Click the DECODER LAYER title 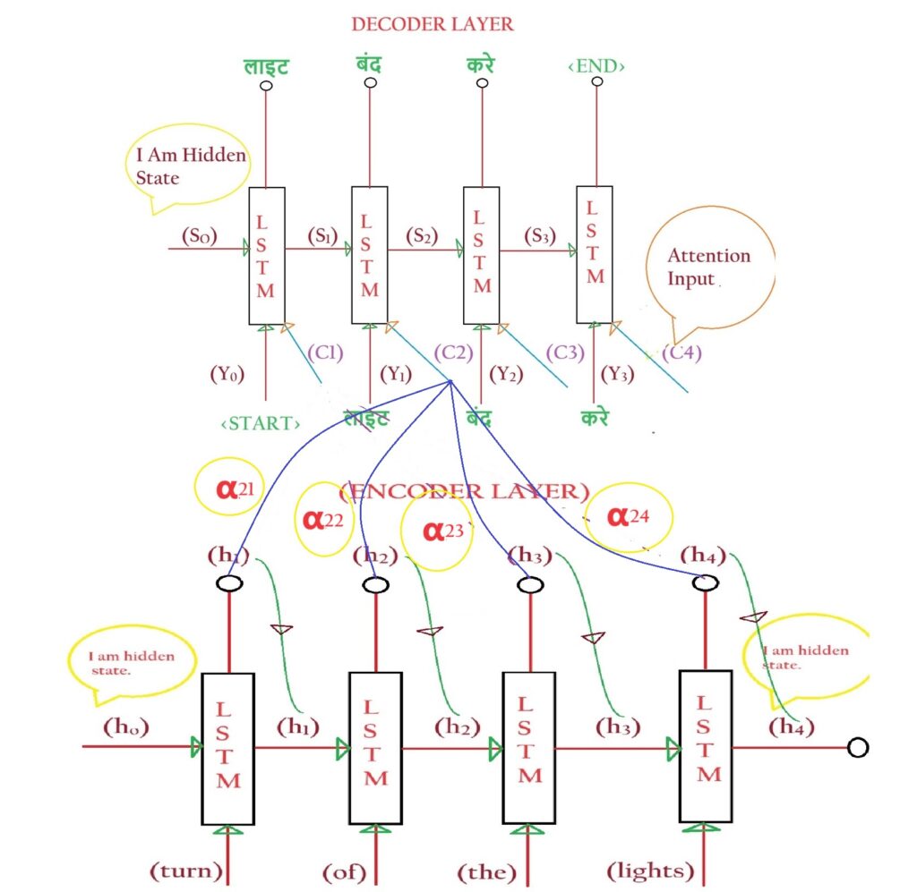[x=432, y=24]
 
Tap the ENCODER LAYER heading [x=464, y=491]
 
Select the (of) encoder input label [x=344, y=870]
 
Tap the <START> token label [x=260, y=423]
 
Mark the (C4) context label [x=682, y=353]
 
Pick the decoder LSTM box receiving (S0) [x=265, y=255]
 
